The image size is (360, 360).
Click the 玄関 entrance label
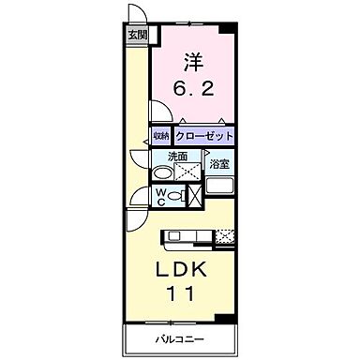point(136,37)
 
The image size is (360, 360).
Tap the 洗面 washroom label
point(177,157)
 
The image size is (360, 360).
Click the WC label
point(162,198)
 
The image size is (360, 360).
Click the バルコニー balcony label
point(181,339)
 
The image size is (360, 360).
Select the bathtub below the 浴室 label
point(219,183)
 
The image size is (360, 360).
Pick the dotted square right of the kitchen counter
point(225,236)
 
